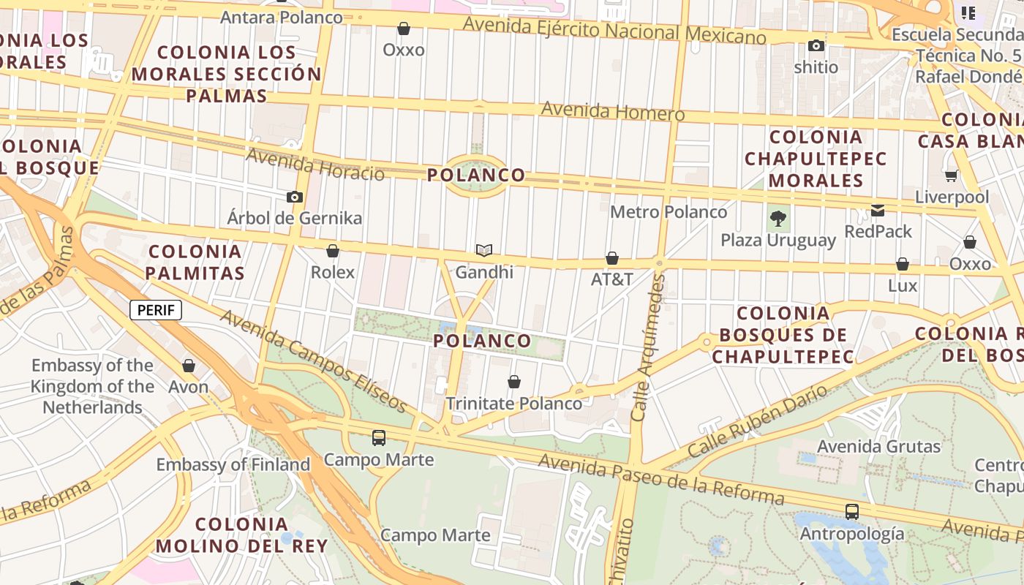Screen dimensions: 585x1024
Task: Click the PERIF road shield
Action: pos(156,310)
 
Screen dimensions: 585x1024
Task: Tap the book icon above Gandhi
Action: pos(484,251)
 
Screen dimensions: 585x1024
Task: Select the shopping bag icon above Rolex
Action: pos(333,251)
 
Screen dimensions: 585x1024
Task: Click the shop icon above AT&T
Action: pos(612,258)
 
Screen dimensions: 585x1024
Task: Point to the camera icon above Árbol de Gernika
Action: pos(295,197)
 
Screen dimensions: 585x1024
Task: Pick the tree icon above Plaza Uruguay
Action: pos(778,218)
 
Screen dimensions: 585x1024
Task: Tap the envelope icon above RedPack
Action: pos(878,211)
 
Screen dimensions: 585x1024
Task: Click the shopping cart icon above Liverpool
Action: pos(952,175)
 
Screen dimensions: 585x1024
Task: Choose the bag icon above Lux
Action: pos(903,264)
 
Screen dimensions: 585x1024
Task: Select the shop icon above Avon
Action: pos(189,366)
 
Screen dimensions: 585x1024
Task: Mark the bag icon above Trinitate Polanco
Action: pos(514,382)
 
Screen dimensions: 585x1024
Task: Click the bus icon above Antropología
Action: pos(852,512)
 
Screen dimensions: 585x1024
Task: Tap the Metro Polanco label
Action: pos(669,212)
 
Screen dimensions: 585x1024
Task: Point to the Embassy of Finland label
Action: pos(233,464)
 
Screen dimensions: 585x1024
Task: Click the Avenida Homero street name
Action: pos(613,112)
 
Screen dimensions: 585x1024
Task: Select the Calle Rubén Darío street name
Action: pos(758,422)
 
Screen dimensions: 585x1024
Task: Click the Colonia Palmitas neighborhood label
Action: pos(195,263)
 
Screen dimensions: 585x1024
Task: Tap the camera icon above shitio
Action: pos(816,46)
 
